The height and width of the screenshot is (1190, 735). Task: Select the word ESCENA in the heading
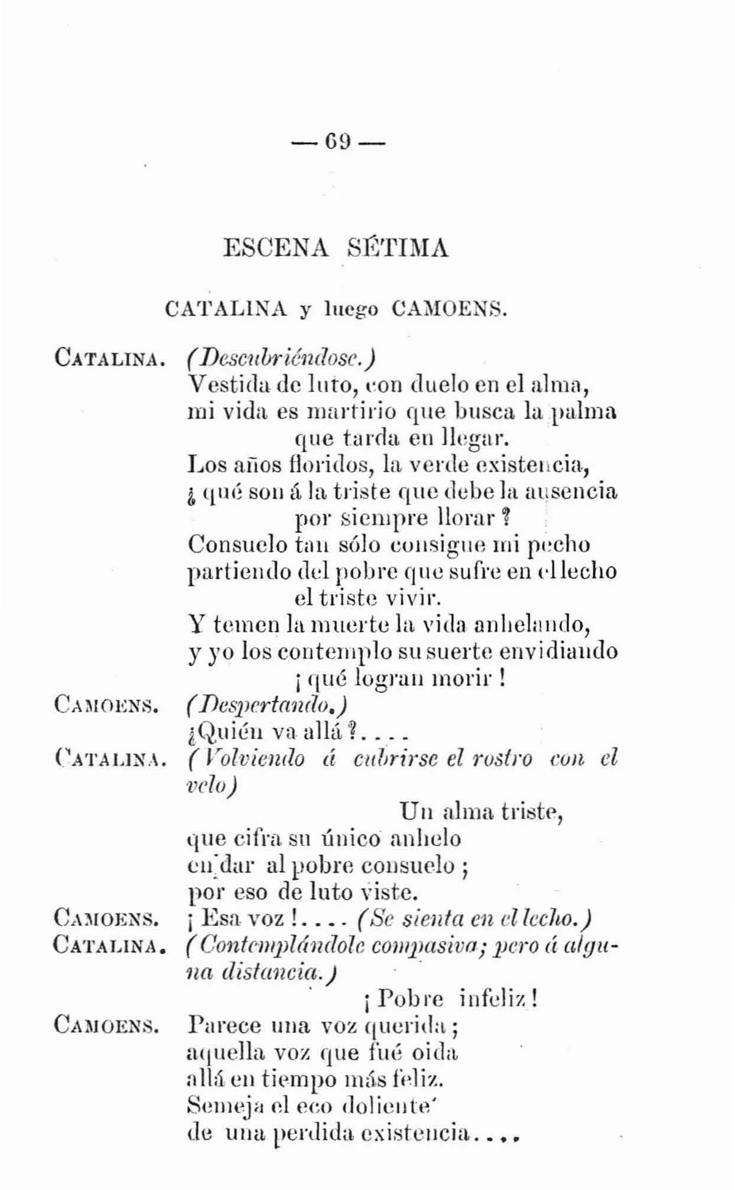coord(276,247)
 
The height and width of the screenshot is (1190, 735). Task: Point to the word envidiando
coord(558,651)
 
